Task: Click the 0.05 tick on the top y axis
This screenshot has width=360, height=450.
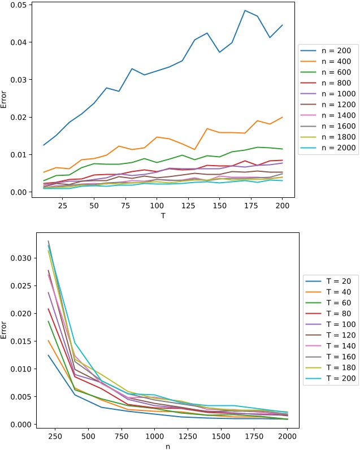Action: (18, 5)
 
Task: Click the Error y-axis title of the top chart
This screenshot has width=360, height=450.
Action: (5, 99)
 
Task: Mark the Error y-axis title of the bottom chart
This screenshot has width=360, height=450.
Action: (5, 329)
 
